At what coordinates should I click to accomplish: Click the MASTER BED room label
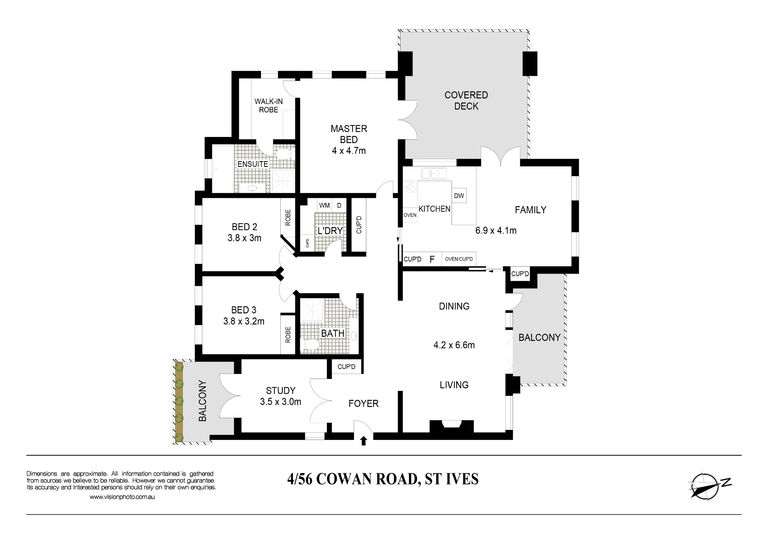tap(349, 134)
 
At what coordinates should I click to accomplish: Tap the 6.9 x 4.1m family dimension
tap(496, 231)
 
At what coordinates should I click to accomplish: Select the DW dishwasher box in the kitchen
tap(459, 196)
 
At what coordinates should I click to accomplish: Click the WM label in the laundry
tap(324, 206)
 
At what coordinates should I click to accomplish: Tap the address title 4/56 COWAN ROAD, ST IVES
tap(383, 479)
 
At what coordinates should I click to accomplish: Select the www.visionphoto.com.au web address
tap(122, 497)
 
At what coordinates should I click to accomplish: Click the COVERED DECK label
tap(466, 100)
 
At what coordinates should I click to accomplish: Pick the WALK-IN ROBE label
tap(268, 105)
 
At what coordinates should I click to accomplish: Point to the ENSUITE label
tap(253, 164)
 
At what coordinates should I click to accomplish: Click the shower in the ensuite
tap(283, 181)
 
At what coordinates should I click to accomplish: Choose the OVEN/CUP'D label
tap(459, 259)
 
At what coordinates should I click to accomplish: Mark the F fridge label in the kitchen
tap(432, 260)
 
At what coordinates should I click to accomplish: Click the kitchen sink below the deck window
tap(434, 173)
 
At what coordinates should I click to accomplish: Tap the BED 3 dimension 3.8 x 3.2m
tap(244, 321)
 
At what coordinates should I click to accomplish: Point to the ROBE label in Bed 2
tap(288, 217)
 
